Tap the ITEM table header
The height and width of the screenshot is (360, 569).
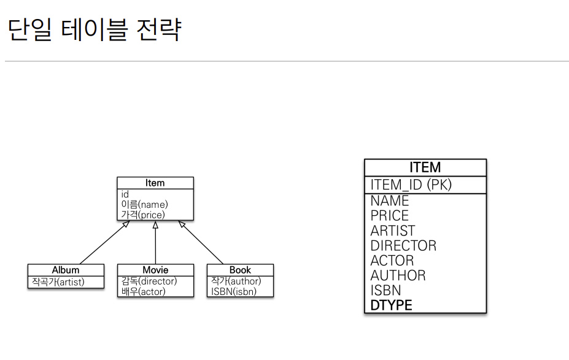coord(425,167)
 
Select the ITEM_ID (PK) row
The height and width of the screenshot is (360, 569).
coord(411,185)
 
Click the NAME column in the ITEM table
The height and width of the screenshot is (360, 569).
coord(389,201)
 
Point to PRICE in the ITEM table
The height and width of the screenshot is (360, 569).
coord(389,215)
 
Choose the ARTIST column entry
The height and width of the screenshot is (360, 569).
coord(393,231)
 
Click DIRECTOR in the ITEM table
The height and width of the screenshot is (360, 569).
coord(403,245)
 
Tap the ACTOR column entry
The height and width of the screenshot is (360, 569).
coord(392,260)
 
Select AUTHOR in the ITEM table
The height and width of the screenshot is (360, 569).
coord(398,275)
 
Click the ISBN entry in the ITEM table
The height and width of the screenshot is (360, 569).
coord(385,290)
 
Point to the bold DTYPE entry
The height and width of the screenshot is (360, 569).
coord(391,305)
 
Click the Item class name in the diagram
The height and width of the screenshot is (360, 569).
coord(155,183)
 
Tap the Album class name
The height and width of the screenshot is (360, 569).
coord(65,270)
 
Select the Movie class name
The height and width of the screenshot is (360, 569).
coord(155,270)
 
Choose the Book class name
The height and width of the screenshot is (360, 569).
coord(240,270)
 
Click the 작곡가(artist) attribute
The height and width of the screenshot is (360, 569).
coord(58,281)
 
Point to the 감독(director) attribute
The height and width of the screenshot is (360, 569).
coord(149,281)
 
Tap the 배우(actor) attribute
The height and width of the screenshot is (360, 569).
coord(143,291)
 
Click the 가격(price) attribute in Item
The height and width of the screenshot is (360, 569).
coord(142,215)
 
